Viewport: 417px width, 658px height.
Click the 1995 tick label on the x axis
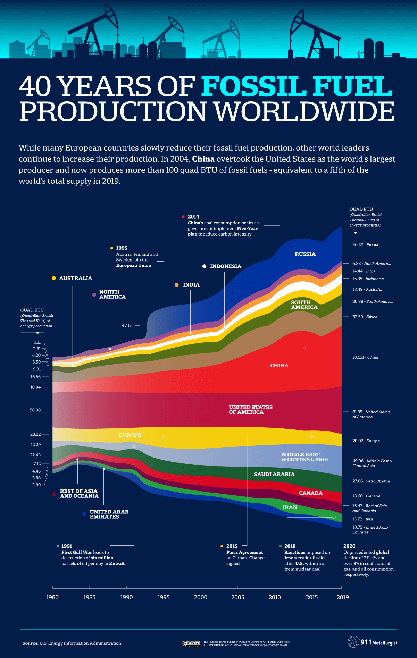tap(164, 597)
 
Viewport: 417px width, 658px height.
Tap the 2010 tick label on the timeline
tap(275, 597)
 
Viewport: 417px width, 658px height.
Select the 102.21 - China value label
tap(365, 357)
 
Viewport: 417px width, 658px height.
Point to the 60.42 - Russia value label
tap(365, 245)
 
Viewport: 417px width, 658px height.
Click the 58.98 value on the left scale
tap(35, 410)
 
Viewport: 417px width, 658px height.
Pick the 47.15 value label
tap(127, 326)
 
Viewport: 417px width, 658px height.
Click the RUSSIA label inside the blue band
tap(305, 254)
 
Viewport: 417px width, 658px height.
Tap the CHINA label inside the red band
tap(279, 366)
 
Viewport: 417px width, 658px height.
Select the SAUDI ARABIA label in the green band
tap(274, 474)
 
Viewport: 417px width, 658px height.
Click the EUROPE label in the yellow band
tap(130, 435)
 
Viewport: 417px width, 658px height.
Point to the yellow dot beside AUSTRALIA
tap(54, 278)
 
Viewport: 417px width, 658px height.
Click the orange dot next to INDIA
tap(177, 285)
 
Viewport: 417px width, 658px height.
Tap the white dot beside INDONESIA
tap(205, 266)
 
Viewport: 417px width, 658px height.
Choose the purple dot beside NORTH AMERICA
tap(94, 295)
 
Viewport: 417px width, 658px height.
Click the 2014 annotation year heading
tap(193, 217)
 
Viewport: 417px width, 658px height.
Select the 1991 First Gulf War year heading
tap(67, 546)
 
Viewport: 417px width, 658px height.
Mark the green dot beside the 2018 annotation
tap(280, 546)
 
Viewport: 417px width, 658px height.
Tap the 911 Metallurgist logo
tap(373, 642)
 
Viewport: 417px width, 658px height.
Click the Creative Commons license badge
tap(191, 644)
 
